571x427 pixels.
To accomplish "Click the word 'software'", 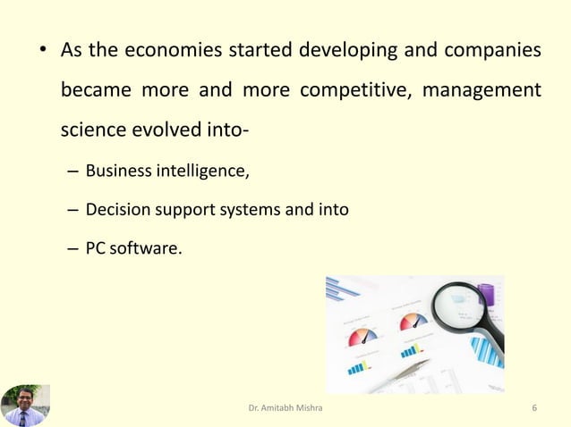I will click(147, 248).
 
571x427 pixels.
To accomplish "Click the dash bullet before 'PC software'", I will click(72, 248).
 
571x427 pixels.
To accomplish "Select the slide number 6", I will click(534, 409).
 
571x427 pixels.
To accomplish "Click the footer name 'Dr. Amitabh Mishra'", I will click(285, 409).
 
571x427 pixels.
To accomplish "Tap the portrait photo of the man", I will click(25, 406).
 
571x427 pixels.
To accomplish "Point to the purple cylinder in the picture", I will click(488, 296).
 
